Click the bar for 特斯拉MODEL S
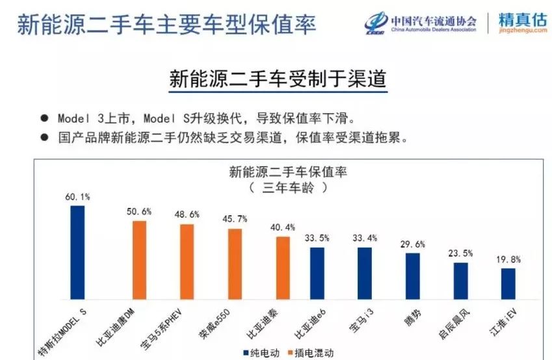click(77, 253)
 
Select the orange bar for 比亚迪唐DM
click(139, 260)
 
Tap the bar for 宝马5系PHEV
click(187, 262)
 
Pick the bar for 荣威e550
click(235, 264)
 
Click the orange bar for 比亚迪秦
click(283, 268)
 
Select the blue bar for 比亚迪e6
click(317, 273)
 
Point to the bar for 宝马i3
click(365, 273)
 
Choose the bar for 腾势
click(413, 276)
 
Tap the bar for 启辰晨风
click(461, 281)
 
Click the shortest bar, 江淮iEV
click(508, 283)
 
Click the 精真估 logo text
click(523, 19)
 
